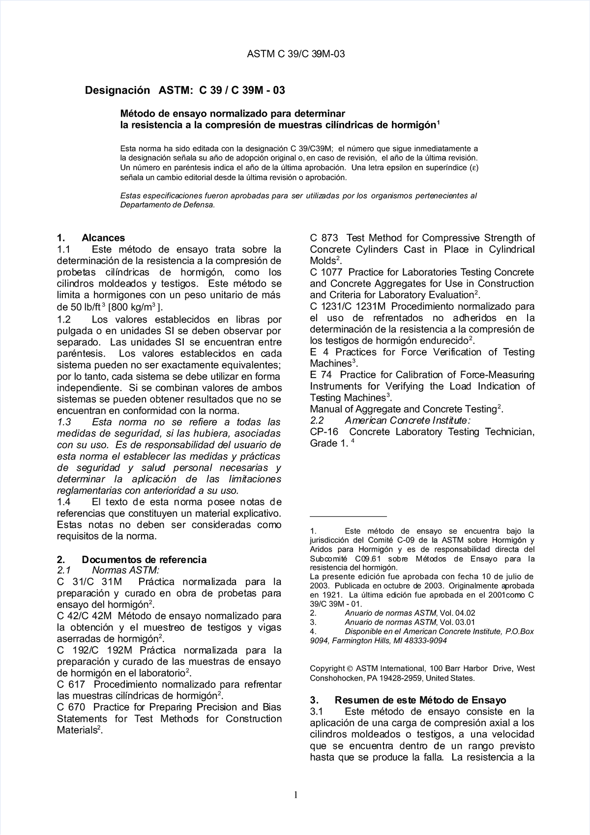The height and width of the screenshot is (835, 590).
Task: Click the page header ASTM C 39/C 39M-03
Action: pos(295,54)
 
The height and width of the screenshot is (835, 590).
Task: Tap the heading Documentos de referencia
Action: pos(144,560)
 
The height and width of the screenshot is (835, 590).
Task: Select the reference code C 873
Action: pos(324,238)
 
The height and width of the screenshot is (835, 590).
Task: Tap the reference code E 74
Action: pos(320,375)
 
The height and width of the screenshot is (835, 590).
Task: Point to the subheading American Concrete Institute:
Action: pos(408,420)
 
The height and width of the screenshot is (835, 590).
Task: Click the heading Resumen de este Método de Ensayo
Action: pos(420,700)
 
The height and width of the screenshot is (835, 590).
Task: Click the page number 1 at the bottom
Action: pos(295,795)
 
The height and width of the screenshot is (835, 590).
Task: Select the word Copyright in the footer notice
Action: pos(327,668)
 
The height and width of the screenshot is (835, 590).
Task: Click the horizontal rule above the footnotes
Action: pos(348,517)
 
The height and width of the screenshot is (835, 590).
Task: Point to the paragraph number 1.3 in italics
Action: pos(64,422)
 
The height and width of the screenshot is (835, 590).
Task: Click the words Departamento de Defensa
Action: pos(168,205)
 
